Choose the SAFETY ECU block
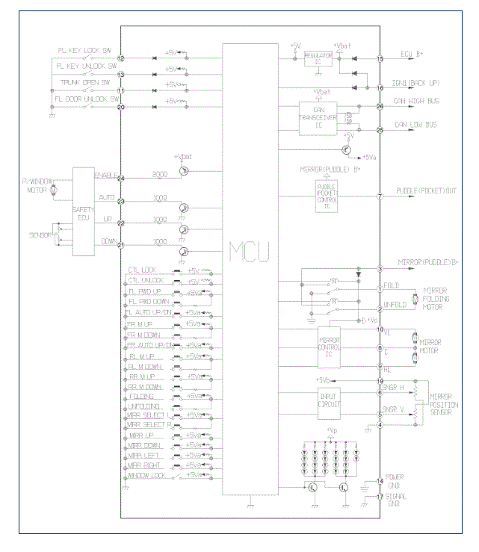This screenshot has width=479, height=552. pos(82,211)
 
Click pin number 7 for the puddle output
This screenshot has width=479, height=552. pos(380,197)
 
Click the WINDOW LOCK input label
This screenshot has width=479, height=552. pos(149,476)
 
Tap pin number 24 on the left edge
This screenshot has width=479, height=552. pos(120,178)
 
